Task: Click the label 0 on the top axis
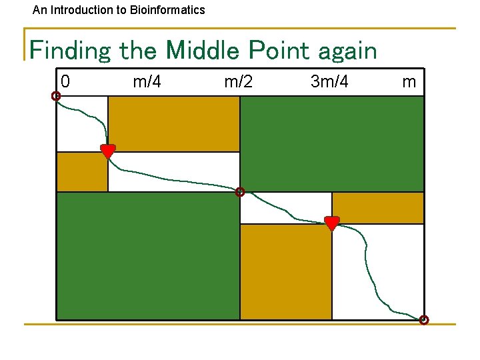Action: pos(65,82)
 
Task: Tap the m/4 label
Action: pos(147,82)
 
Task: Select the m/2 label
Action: pos(238,82)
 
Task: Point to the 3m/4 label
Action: pos(329,82)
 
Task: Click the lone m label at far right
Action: pos(409,82)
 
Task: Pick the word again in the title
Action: pos(349,51)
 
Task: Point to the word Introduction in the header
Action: pos(79,10)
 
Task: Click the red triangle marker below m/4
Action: pos(107,151)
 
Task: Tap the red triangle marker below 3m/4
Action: pos(331,223)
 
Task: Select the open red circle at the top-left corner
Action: pos(56,96)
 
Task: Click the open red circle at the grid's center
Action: pos(240,192)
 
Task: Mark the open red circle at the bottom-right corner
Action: pos(424,320)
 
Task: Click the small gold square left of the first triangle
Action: pos(82,172)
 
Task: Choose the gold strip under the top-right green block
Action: pos(377,207)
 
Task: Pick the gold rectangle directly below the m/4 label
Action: pos(173,124)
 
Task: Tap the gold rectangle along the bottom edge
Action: pos(285,271)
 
